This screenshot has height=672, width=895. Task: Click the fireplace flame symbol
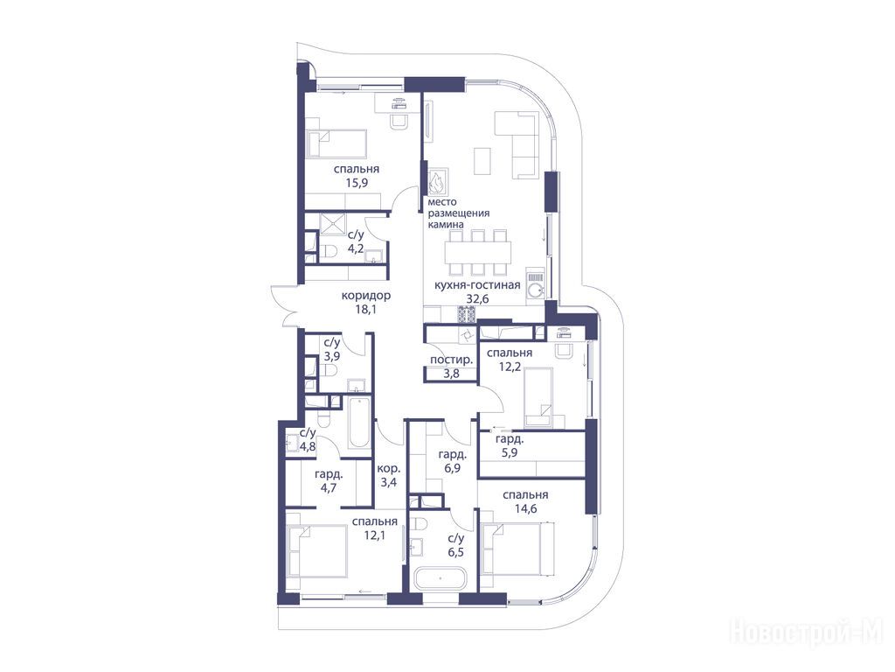[x=438, y=182]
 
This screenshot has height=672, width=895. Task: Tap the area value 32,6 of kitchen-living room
[x=477, y=298]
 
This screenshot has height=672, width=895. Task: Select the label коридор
[x=366, y=296]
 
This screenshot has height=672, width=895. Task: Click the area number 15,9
[x=357, y=183]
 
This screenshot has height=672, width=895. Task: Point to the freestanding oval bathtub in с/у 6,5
[x=441, y=578]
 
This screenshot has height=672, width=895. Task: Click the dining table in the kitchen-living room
[x=478, y=251]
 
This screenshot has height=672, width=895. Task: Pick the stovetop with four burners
[x=466, y=314]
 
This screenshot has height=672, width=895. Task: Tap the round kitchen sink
[x=535, y=290]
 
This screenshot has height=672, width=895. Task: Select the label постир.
[x=451, y=360]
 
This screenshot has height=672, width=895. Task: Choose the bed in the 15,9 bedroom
[x=336, y=143]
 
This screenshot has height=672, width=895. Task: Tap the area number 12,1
[x=374, y=535]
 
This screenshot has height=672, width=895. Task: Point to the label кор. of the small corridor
[x=389, y=468]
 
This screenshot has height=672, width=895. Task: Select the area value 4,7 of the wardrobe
[x=329, y=487]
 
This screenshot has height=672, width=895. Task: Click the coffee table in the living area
[x=482, y=161]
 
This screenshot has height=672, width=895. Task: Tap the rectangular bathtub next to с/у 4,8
[x=358, y=423]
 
